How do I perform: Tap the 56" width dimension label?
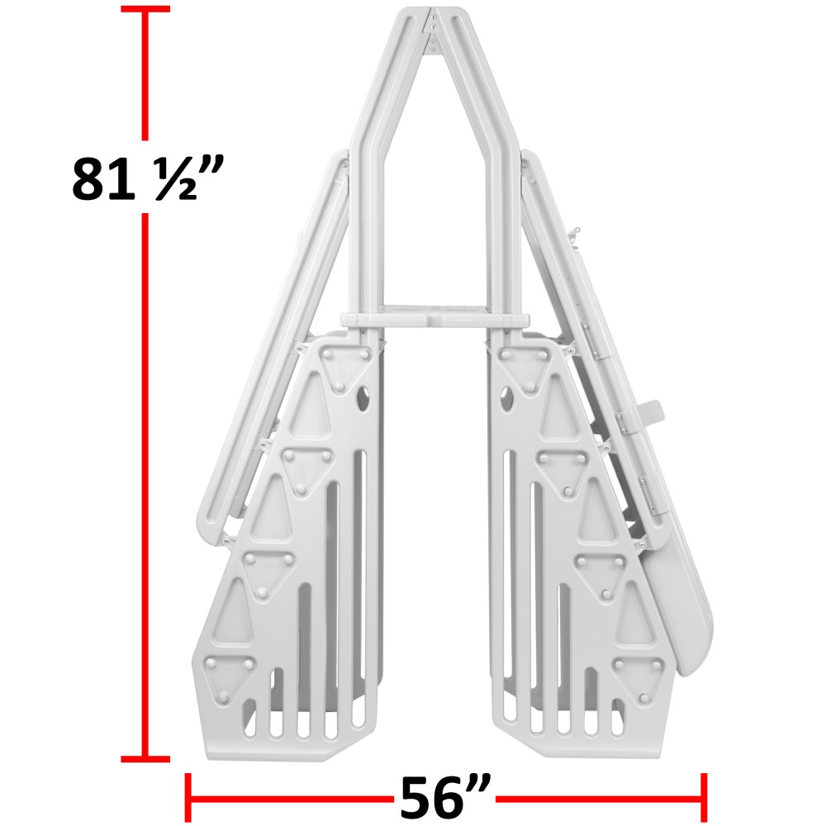tap(446, 798)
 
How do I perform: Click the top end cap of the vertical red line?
tap(146, 9)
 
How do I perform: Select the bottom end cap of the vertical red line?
tap(146, 758)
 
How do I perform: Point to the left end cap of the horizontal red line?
tap(189, 798)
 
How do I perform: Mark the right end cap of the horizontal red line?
tap(704, 798)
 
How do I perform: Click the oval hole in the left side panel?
tap(362, 401)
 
